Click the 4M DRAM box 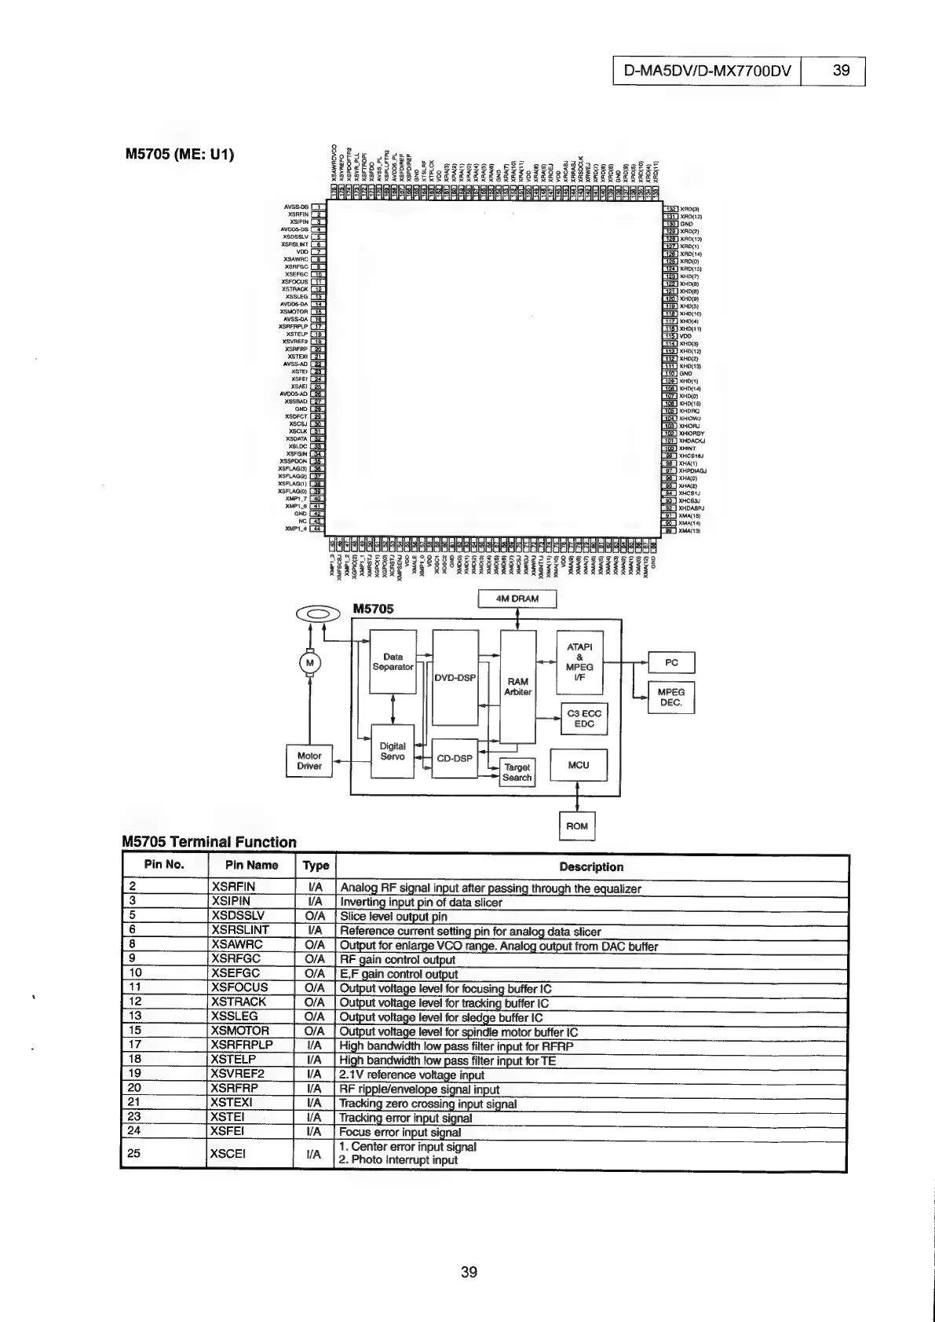[517, 599]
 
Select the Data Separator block [393, 661]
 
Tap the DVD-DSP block [455, 676]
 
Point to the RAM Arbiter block [518, 686]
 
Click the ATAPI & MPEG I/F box [579, 662]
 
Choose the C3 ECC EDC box [584, 718]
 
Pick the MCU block [579, 764]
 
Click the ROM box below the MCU [577, 826]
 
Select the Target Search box [517, 772]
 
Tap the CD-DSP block [455, 758]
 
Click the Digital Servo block [393, 751]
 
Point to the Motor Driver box [309, 760]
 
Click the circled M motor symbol [310, 664]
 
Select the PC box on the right [671, 662]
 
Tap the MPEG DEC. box [671, 698]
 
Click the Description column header [591, 867]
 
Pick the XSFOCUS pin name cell [240, 987]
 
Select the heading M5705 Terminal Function [210, 842]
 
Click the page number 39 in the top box [840, 70]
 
